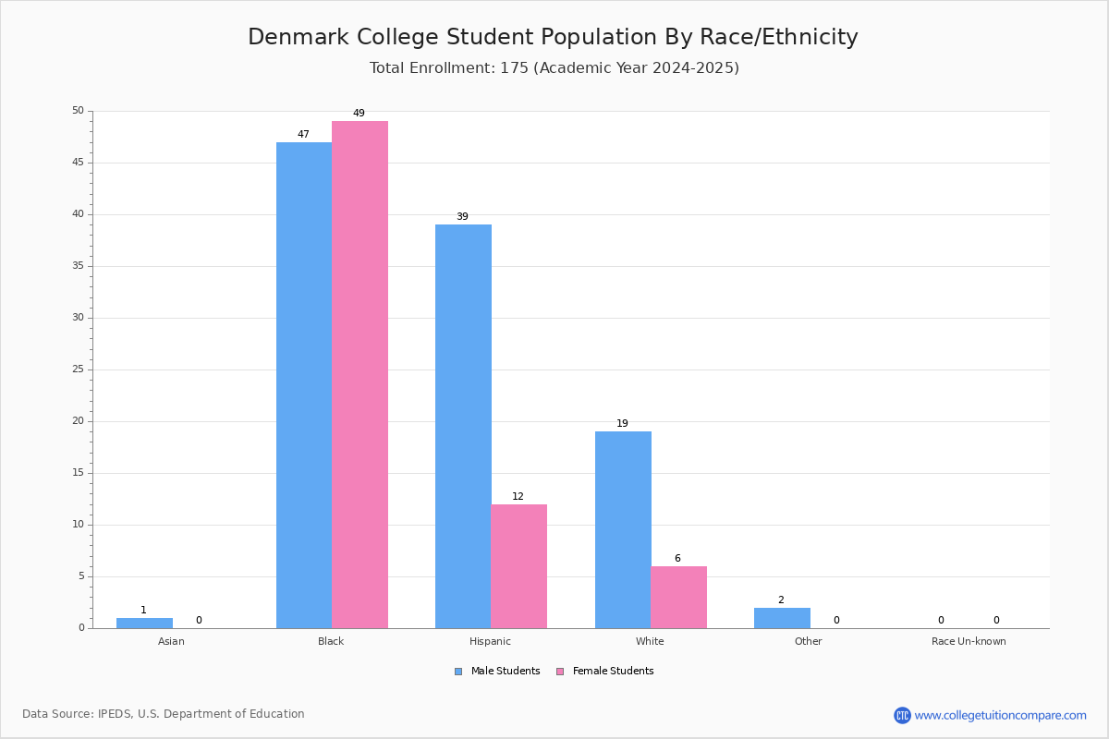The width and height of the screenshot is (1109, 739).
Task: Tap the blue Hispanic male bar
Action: [463, 426]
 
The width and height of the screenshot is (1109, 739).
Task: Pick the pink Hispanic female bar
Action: [518, 566]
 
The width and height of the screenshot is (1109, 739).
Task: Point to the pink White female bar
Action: [678, 597]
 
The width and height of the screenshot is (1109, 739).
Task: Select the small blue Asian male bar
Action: [144, 623]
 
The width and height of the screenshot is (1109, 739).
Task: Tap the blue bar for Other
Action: [782, 618]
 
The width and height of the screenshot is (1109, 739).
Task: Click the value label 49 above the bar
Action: [359, 114]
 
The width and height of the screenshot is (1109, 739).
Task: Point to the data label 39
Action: [462, 217]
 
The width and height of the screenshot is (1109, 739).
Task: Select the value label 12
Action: [518, 497]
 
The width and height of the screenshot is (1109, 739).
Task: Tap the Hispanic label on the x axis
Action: [490, 641]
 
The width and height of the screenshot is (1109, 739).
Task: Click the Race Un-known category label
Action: [969, 641]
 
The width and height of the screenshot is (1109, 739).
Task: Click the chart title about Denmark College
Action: [553, 37]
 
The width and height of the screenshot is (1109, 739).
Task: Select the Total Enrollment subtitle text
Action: [554, 67]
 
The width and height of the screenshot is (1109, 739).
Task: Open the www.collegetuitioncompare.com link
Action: [1000, 715]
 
